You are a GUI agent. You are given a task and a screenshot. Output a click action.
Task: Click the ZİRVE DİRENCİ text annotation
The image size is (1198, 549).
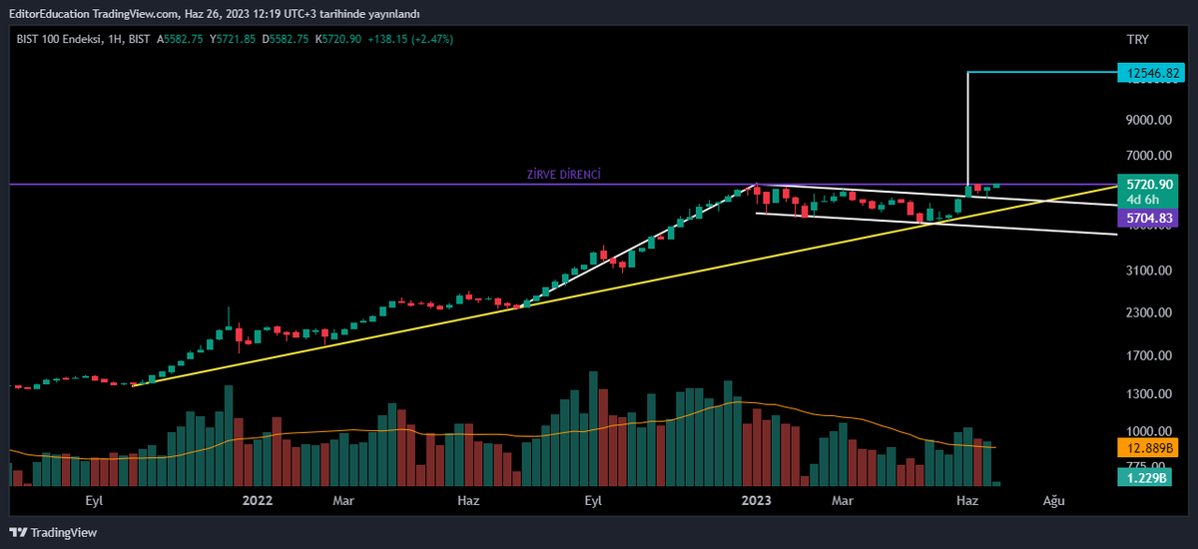pyautogui.click(x=563, y=175)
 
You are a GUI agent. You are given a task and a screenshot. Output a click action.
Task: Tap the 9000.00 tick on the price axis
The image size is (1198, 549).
pyautogui.click(x=1148, y=121)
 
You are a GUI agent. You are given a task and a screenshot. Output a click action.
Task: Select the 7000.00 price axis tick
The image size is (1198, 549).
pyautogui.click(x=1148, y=156)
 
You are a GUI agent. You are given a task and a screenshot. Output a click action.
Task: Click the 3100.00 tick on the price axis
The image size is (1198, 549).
pyautogui.click(x=1148, y=271)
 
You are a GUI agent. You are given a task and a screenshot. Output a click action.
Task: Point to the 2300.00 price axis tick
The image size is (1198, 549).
pyautogui.click(x=1148, y=313)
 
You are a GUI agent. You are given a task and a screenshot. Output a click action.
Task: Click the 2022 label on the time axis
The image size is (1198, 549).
pyautogui.click(x=258, y=500)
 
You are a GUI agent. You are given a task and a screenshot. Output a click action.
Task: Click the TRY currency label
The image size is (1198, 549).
pyautogui.click(x=1137, y=40)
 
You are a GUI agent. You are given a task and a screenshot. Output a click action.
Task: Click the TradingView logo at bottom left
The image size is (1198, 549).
pyautogui.click(x=54, y=532)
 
